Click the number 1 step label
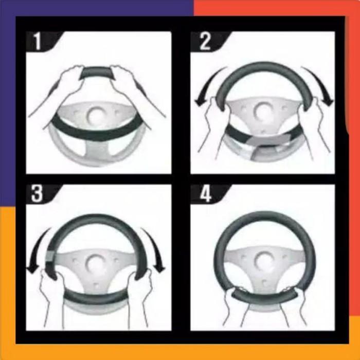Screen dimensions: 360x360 38,42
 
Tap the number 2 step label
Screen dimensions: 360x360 205,41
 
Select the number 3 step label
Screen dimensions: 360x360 37,194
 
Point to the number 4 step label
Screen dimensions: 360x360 206,194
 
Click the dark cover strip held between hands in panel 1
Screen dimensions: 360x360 97,73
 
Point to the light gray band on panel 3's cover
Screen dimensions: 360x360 50,255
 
